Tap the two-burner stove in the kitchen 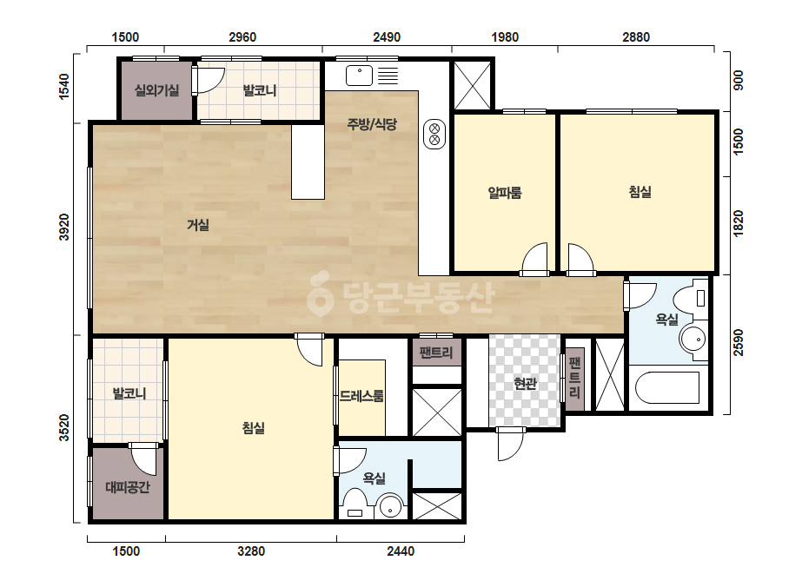pyautogui.click(x=434, y=134)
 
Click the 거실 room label pyautogui.click(x=198, y=225)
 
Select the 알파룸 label pyautogui.click(x=505, y=193)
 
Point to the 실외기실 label pyautogui.click(x=156, y=91)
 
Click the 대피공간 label pyautogui.click(x=128, y=487)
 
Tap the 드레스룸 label pyautogui.click(x=361, y=396)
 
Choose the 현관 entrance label pyautogui.click(x=525, y=384)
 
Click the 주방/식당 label pyautogui.click(x=372, y=124)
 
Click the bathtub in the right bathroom pyautogui.click(x=667, y=388)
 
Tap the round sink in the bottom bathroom pyautogui.click(x=391, y=505)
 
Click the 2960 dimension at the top pyautogui.click(x=242, y=37)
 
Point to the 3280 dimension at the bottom pyautogui.click(x=251, y=551)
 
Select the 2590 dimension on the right pyautogui.click(x=738, y=343)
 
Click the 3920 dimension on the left pyautogui.click(x=64, y=227)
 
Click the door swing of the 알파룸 pyautogui.click(x=535, y=259)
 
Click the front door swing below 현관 pyautogui.click(x=510, y=445)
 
